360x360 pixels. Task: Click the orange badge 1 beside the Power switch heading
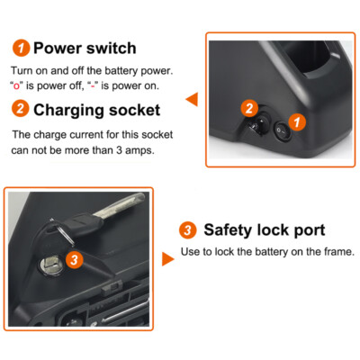coord(20,49)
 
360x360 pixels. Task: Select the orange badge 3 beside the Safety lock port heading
coord(188,229)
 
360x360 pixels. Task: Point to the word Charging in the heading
coord(70,112)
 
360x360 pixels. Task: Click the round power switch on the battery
coord(282,132)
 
